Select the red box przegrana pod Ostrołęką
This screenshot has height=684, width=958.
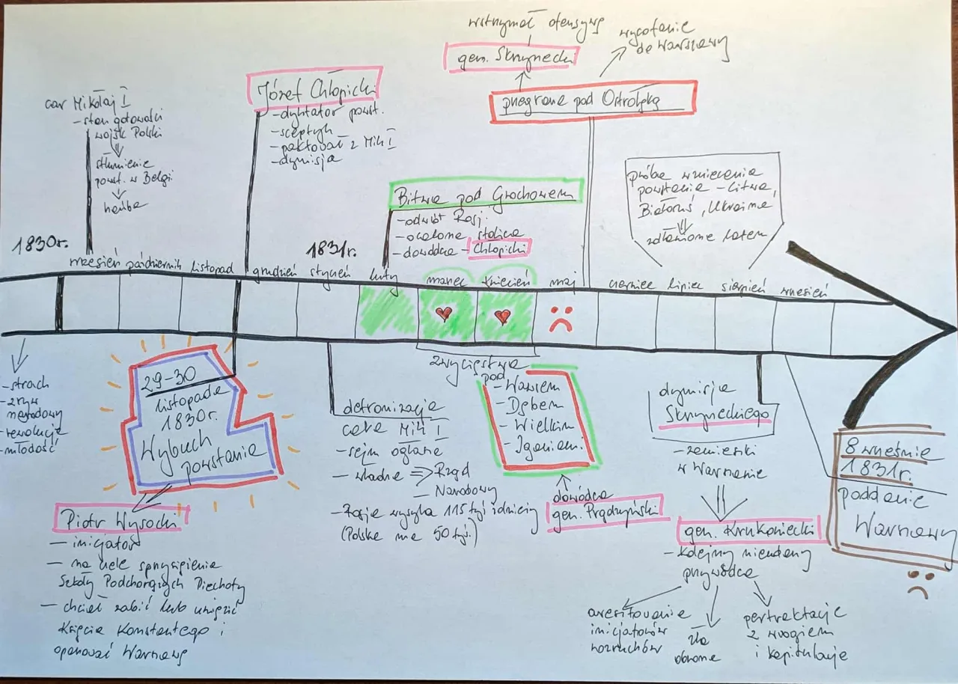click(x=593, y=102)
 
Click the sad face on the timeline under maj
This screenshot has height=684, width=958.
click(x=560, y=318)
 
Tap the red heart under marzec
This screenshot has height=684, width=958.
click(x=444, y=313)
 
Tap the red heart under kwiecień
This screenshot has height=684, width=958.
click(x=502, y=315)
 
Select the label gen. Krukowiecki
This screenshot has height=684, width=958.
click(x=749, y=531)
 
